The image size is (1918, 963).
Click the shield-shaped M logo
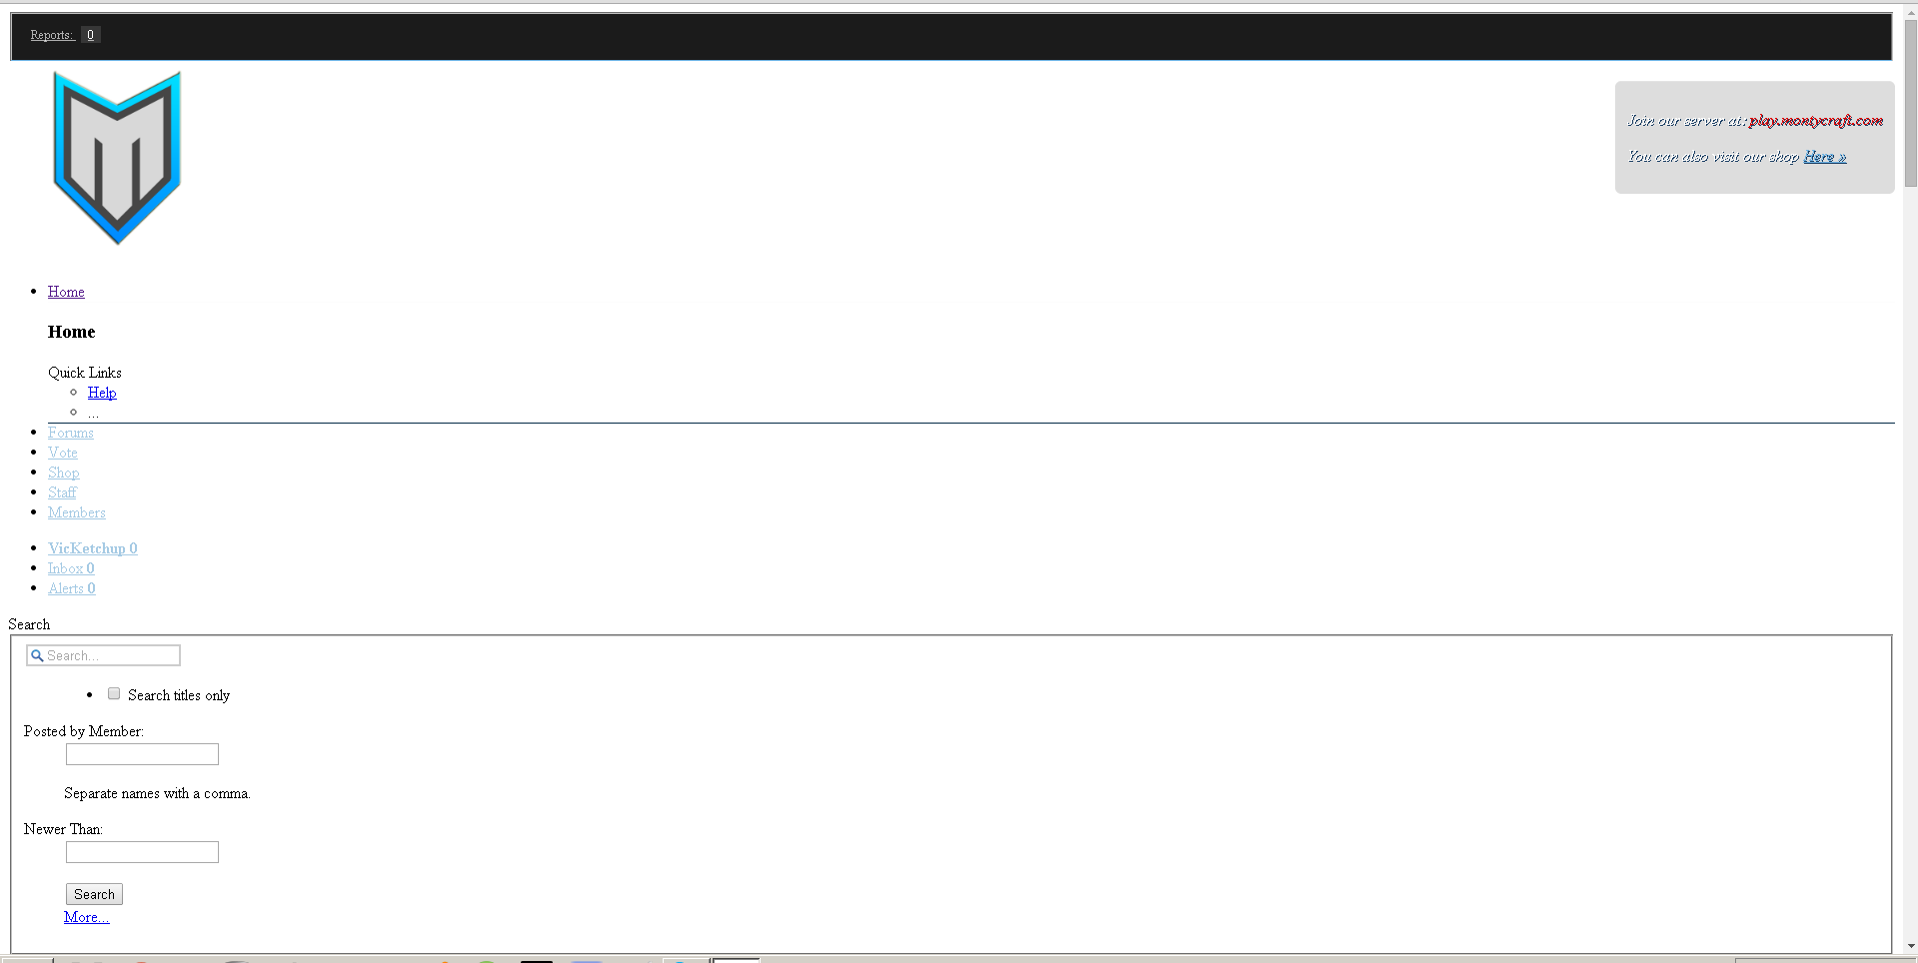117,158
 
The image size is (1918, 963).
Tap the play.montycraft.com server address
1816,121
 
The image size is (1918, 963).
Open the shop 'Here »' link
1825,157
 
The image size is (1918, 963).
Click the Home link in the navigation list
66,292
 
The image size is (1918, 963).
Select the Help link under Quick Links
102,393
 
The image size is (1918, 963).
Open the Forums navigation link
71,433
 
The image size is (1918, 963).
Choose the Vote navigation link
63,453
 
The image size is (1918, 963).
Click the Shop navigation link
64,473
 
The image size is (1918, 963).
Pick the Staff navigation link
62,492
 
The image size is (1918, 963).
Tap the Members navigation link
77,512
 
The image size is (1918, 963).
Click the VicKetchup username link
93,548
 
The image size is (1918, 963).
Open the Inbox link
71,568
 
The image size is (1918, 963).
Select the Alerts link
72,588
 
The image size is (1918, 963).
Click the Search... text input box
104,655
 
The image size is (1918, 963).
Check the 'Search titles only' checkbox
114,693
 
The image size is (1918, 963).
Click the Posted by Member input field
142,754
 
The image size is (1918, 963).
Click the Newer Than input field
142,852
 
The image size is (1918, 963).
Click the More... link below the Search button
87,917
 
